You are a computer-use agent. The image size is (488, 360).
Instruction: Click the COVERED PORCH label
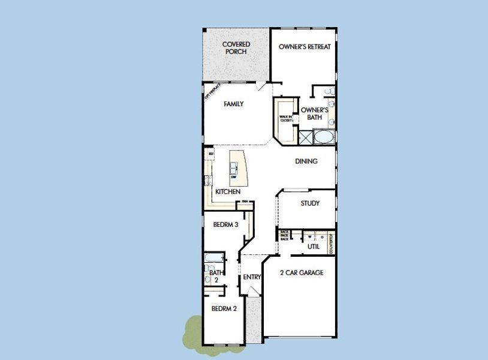click(x=236, y=48)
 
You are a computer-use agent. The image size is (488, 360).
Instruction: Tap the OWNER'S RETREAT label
click(x=305, y=47)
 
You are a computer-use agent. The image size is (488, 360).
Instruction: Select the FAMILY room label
click(x=233, y=104)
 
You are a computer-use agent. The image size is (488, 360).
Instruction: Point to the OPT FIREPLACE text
click(x=209, y=92)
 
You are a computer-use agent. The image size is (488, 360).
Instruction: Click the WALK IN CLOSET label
click(x=286, y=119)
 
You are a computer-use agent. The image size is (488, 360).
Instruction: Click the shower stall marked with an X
click(x=305, y=137)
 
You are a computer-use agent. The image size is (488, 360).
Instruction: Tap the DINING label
click(x=306, y=161)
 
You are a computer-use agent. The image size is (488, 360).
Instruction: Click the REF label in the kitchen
click(x=211, y=154)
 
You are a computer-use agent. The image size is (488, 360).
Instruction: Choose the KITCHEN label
click(x=228, y=192)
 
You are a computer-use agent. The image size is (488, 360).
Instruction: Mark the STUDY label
click(x=310, y=203)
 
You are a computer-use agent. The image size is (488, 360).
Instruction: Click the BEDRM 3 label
click(x=226, y=225)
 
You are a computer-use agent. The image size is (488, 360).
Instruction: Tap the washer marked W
click(x=311, y=237)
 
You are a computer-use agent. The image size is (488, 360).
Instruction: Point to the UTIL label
click(x=314, y=247)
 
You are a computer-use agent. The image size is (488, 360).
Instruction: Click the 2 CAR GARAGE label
click(x=302, y=273)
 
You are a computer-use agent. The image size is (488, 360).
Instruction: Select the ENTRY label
click(x=252, y=277)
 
